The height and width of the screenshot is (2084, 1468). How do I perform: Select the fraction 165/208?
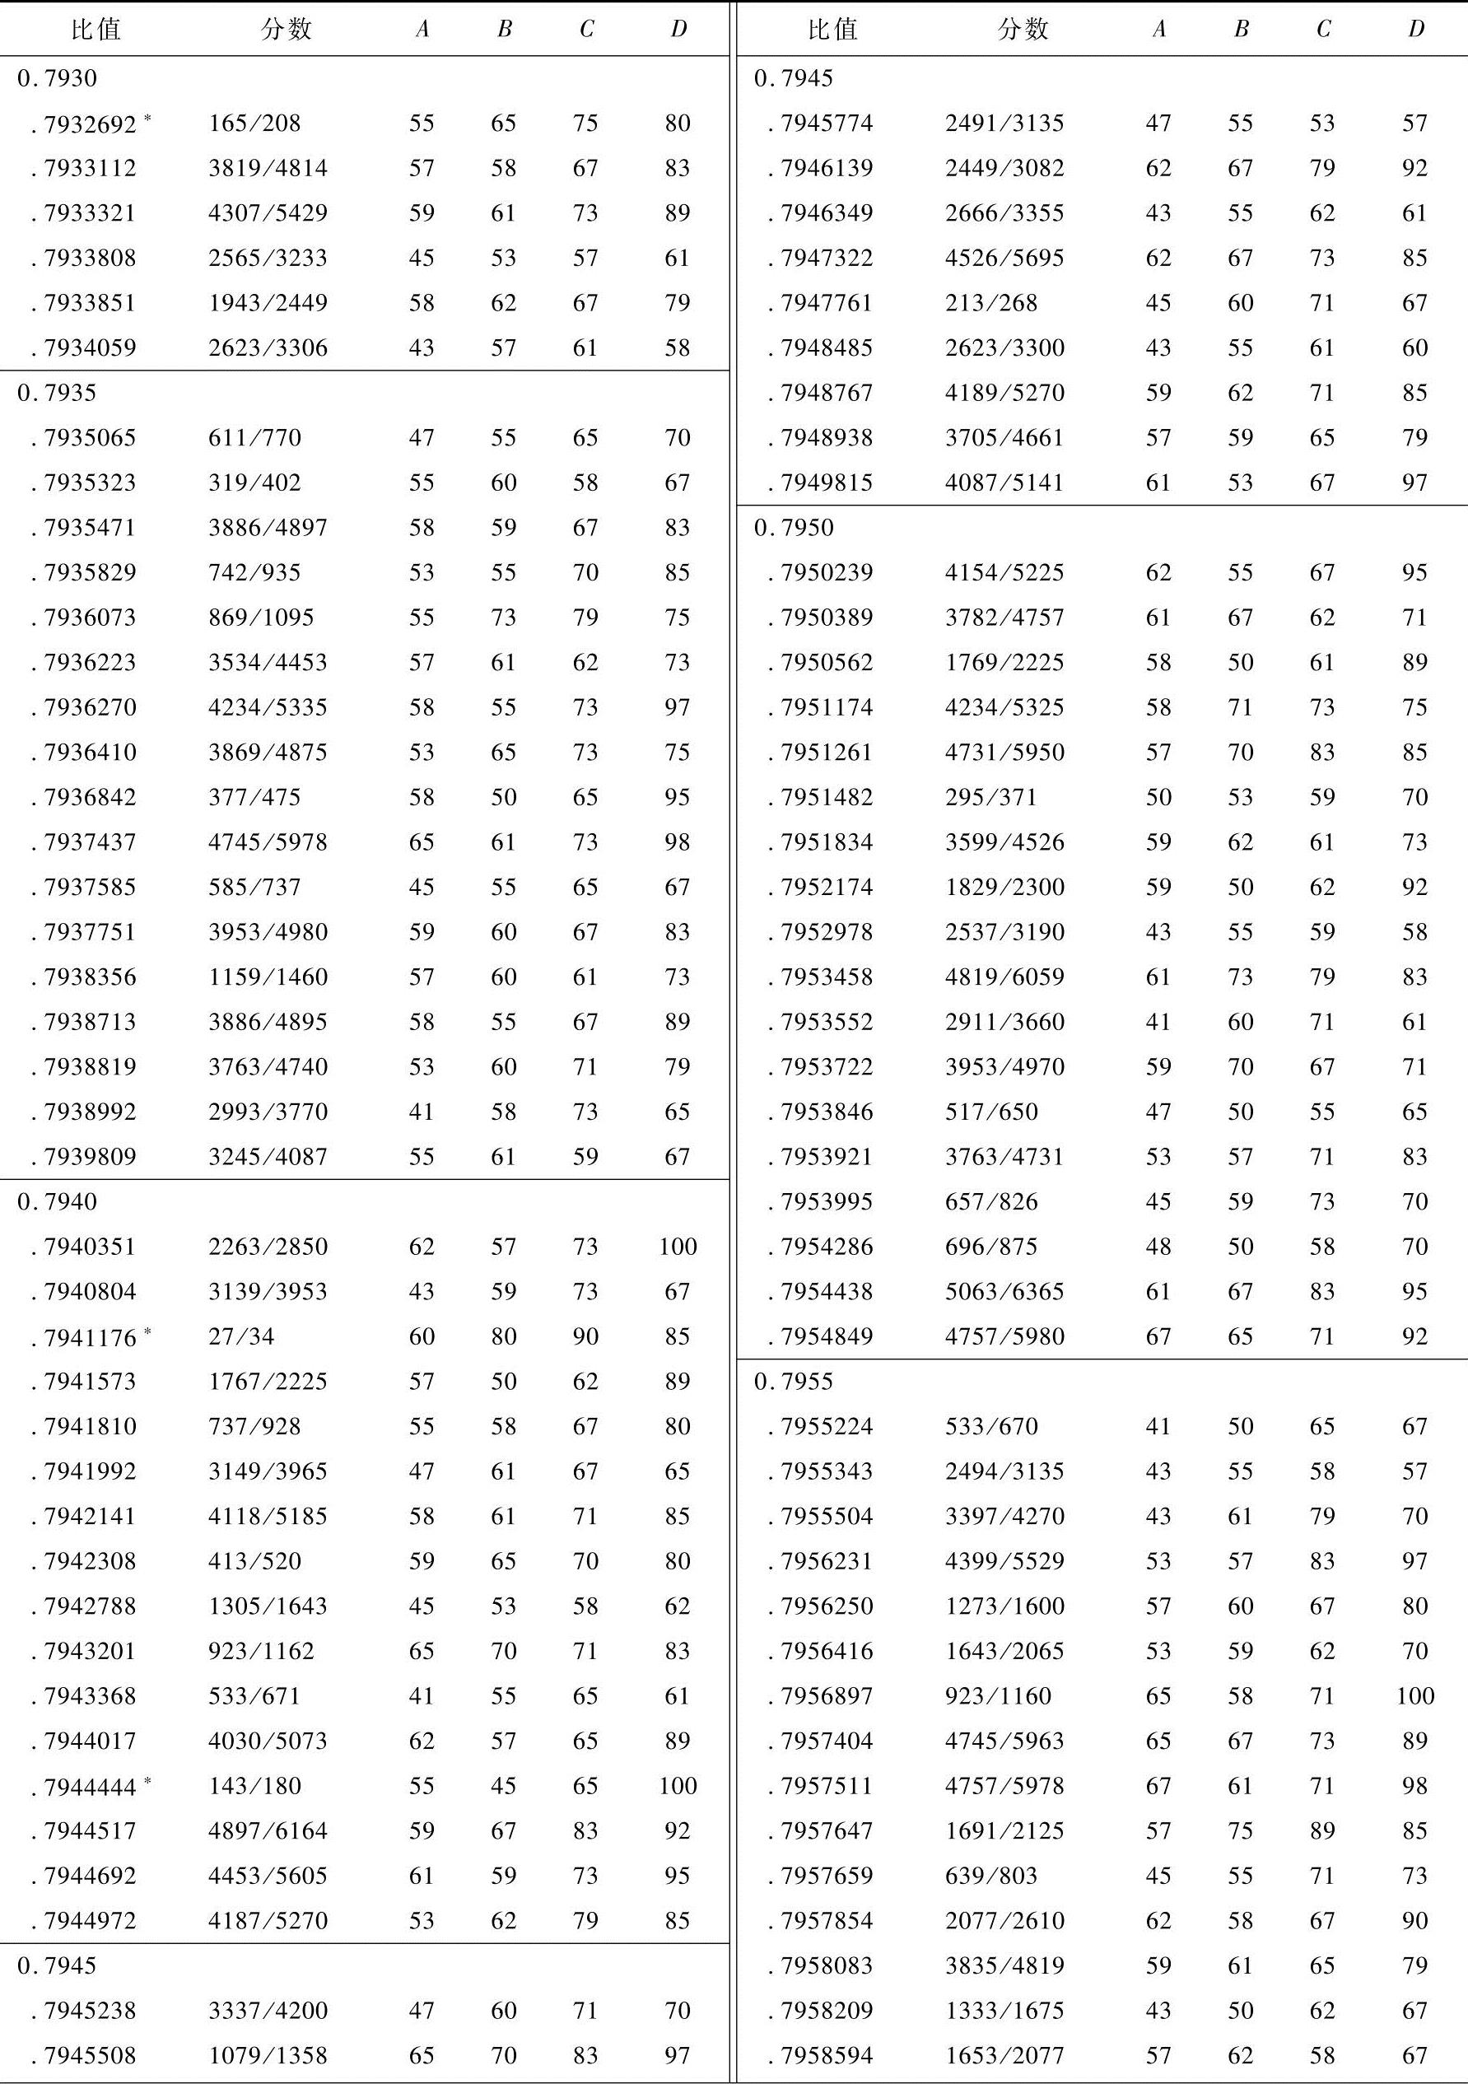tap(254, 124)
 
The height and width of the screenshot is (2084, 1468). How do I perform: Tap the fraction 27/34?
tap(240, 1337)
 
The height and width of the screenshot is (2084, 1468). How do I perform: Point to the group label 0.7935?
tap(56, 393)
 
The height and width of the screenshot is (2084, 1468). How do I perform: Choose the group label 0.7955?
tap(794, 1382)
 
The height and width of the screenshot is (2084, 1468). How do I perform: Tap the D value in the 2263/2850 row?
tap(678, 1247)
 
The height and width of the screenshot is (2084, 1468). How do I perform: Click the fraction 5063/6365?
tap(1004, 1292)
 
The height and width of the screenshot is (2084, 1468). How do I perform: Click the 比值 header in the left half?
tap(96, 30)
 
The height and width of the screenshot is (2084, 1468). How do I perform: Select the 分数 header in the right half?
tap(1023, 30)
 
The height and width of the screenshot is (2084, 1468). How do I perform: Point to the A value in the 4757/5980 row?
tap(1158, 1337)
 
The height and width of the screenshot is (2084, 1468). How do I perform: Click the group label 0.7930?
tap(56, 79)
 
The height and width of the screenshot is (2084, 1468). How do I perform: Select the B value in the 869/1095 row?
tap(503, 618)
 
